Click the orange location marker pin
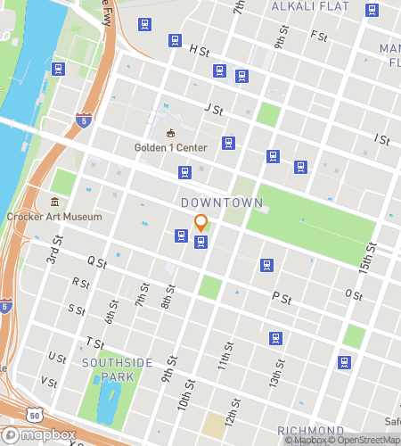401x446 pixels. click(x=201, y=223)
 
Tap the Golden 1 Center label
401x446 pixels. click(x=171, y=147)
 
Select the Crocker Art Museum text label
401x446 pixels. click(x=53, y=216)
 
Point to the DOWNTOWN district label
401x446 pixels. click(x=222, y=203)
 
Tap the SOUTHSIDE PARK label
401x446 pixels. click(x=118, y=363)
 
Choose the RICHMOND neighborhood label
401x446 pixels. click(x=311, y=431)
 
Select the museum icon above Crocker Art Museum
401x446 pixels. click(x=54, y=202)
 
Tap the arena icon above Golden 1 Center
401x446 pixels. click(x=171, y=133)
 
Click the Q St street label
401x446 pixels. click(x=97, y=262)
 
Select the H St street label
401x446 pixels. click(x=199, y=53)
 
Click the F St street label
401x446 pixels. click(x=318, y=37)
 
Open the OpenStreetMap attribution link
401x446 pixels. click(x=366, y=439)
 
